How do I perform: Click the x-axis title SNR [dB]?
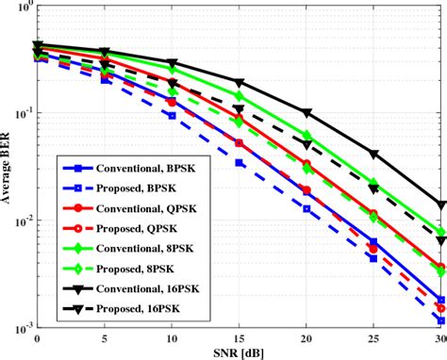point(240,353)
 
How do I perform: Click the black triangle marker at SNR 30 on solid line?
point(440,205)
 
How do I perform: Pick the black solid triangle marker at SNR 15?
point(239,83)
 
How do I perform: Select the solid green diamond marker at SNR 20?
point(306,136)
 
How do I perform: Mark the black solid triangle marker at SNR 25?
point(373,154)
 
